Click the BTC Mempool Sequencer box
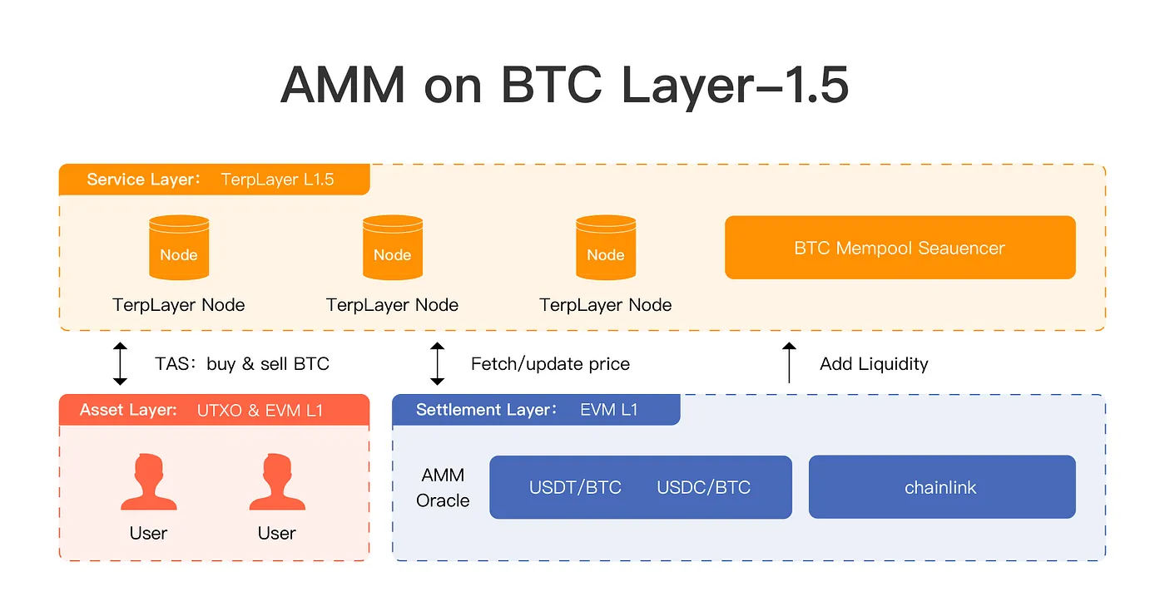[x=900, y=248]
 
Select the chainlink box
[x=941, y=487]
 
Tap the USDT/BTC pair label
[x=575, y=487]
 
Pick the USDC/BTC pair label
[x=703, y=487]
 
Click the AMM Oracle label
[x=443, y=488]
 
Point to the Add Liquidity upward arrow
[x=790, y=362]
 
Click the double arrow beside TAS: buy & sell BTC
[x=121, y=363]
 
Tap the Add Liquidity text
[x=874, y=363]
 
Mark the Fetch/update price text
[x=550, y=363]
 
